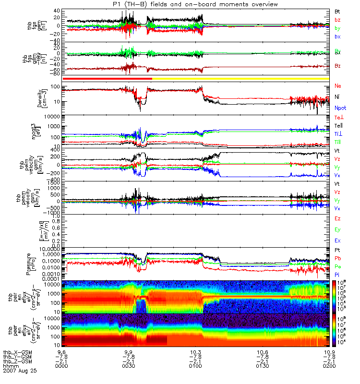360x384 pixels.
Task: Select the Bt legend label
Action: pos(338,11)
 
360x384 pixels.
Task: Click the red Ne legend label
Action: pos(338,86)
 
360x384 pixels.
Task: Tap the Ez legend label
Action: pos(338,218)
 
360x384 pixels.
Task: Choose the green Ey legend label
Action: pos(338,229)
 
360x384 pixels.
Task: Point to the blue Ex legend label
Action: pos(338,240)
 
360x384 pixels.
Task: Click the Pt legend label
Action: pos(337,251)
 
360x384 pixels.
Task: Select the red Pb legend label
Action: pos(338,258)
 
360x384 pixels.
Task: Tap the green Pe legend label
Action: pos(338,266)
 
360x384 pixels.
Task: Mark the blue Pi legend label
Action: pos(337,274)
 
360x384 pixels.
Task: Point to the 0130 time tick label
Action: pos(262,366)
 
